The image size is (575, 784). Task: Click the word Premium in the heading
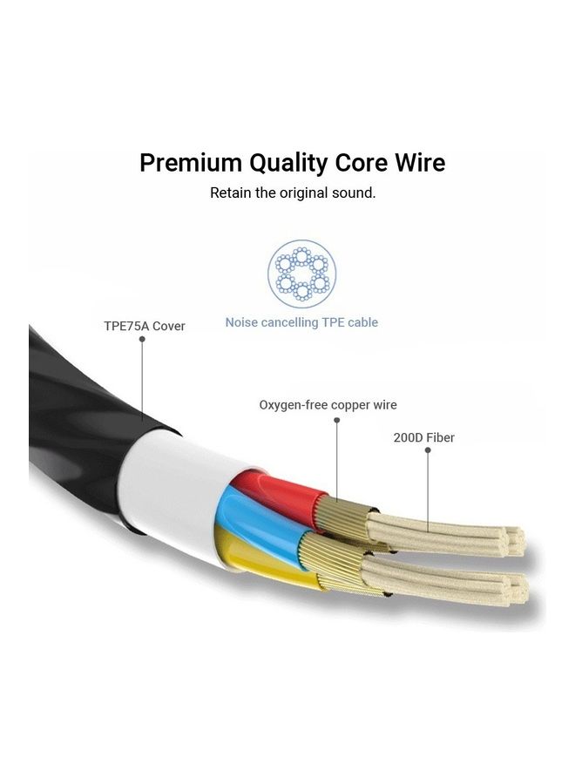click(x=191, y=163)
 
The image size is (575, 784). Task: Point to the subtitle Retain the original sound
click(x=293, y=193)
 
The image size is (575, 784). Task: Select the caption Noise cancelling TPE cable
click(x=301, y=322)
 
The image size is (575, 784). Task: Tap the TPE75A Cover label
click(x=145, y=327)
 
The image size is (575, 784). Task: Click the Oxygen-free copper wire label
click(x=328, y=405)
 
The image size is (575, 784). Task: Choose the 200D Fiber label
click(x=423, y=437)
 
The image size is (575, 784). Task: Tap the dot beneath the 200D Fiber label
click(x=428, y=450)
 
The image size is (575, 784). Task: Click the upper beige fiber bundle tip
click(x=514, y=540)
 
